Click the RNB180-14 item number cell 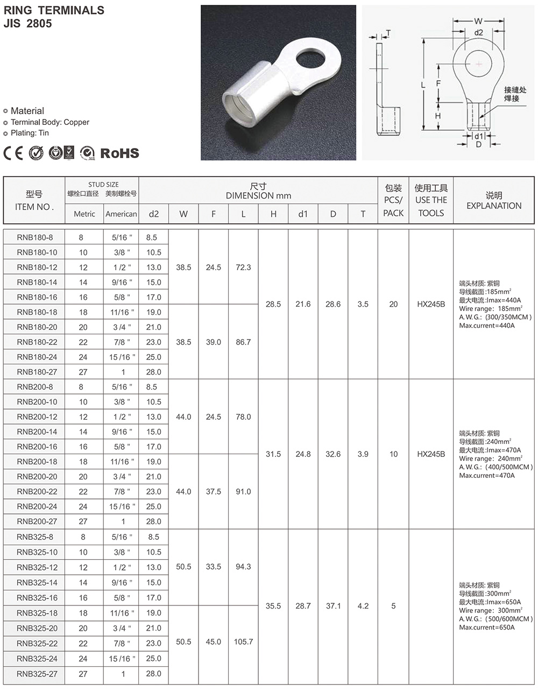37,282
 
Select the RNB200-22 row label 37,491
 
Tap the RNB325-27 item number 37,673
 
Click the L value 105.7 243,641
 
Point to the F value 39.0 214,342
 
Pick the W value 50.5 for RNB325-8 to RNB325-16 183,567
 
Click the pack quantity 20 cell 393,304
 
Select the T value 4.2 363,606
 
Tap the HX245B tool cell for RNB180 431,304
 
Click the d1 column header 303,214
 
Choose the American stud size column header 121,214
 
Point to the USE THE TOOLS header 431,200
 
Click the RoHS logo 119,153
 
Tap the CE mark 13,153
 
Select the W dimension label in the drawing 478,21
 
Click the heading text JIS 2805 28,24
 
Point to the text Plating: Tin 30,133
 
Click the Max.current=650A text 486,627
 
